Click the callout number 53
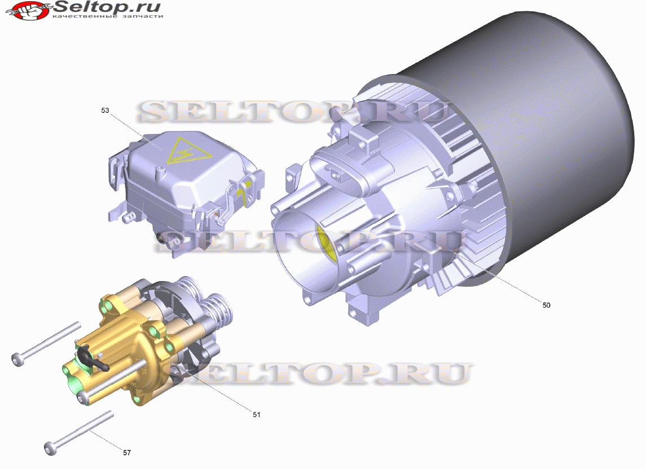105,111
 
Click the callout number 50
546,305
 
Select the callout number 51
256,415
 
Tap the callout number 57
127,453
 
